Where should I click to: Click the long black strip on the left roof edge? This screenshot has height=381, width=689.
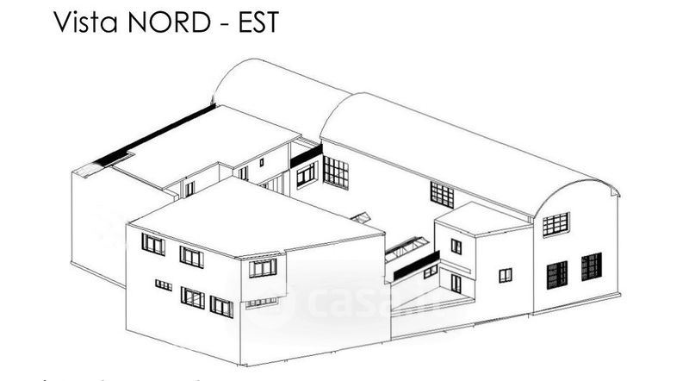tap(154, 135)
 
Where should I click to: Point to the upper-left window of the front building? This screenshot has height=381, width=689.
tap(153, 245)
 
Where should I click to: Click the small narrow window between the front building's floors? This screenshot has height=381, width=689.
tap(163, 284)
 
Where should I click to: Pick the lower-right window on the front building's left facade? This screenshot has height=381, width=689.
tap(221, 307)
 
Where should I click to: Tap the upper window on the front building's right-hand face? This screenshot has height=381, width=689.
tap(263, 268)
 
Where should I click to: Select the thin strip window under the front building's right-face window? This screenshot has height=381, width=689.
tap(261, 303)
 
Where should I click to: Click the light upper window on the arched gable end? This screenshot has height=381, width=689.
tap(556, 224)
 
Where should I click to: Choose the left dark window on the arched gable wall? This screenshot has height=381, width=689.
tap(557, 274)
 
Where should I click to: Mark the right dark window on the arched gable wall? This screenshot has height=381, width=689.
tap(591, 266)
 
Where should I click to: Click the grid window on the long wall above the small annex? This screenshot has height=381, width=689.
tap(442, 195)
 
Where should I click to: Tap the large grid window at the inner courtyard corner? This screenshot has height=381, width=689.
tap(336, 172)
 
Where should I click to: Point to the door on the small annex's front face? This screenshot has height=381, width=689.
tap(456, 283)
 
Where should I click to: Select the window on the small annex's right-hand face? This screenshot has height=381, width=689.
tap(505, 275)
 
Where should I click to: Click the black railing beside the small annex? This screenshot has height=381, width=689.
tap(416, 265)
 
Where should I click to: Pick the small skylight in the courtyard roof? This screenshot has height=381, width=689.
tap(362, 218)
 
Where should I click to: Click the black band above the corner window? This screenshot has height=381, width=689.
tap(306, 156)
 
